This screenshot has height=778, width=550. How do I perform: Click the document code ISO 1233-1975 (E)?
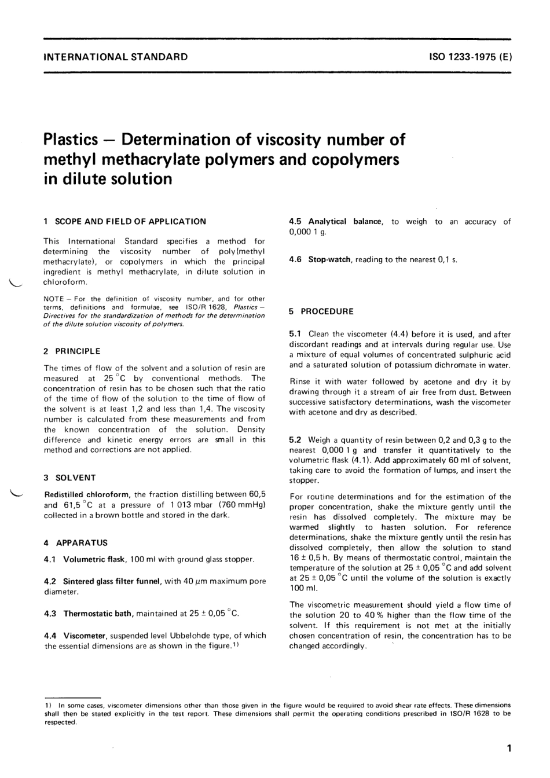[x=470, y=57]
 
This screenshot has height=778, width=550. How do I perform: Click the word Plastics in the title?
[x=71, y=140]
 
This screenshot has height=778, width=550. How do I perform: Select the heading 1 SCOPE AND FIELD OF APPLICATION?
[x=125, y=221]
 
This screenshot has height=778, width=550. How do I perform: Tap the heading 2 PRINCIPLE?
[x=72, y=351]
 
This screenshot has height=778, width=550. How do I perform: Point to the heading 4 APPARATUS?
[x=76, y=543]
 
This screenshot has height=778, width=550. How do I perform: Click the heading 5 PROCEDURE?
[x=321, y=311]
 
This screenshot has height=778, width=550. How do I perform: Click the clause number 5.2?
[x=296, y=440]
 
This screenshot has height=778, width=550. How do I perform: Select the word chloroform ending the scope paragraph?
[x=65, y=282]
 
